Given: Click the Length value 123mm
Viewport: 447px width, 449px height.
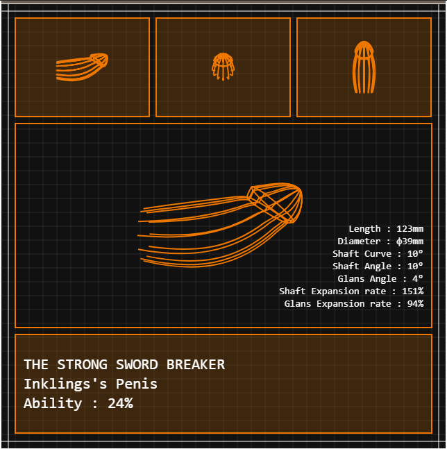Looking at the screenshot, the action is pos(410,229).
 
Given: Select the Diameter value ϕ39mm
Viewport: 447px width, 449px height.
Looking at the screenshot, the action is pos(410,242).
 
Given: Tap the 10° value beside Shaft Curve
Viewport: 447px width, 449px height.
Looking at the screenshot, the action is pos(415,254).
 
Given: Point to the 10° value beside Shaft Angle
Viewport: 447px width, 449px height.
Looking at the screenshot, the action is pos(415,266).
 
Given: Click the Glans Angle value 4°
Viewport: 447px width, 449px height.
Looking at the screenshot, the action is pos(418,278).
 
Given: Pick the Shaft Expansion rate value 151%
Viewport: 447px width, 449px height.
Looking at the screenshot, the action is pos(412,291).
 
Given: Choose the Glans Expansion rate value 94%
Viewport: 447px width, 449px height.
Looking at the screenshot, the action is pos(415,303).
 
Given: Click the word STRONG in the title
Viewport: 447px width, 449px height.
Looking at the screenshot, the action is pos(82,364).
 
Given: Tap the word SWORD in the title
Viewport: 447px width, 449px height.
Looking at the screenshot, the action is pos(137,364).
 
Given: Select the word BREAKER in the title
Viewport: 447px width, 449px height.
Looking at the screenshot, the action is pos(196,364).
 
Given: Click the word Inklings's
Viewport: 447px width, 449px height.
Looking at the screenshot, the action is pos(65,384).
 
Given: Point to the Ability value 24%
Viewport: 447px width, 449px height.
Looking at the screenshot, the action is pos(120,403).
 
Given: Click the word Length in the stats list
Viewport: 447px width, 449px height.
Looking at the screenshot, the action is pos(364,229).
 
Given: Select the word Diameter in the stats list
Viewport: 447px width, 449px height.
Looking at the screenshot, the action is pos(359,242).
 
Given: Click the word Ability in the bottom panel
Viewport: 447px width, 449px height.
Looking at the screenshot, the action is pos(53,403).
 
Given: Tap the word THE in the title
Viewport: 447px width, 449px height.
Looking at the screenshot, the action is pos(36,364).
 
